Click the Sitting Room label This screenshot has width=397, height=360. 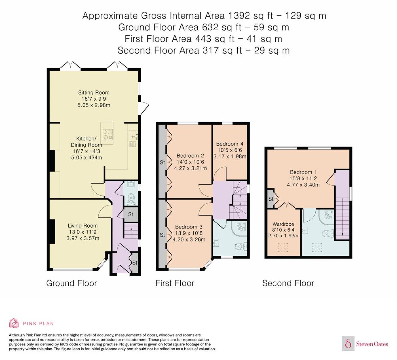(x=94, y=92)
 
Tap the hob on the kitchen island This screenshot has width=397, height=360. (x=108, y=135)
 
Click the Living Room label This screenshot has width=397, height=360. (x=83, y=226)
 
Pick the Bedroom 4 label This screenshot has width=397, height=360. (x=230, y=144)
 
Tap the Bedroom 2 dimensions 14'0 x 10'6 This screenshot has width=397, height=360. (x=190, y=162)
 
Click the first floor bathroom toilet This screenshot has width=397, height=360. (x=241, y=246)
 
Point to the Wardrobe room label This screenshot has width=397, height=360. (x=283, y=224)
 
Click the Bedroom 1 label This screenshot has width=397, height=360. (x=303, y=172)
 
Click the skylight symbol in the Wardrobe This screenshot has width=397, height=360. (x=283, y=247)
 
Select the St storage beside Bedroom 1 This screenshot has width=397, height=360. (x=271, y=199)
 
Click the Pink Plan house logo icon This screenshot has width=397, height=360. (x=14, y=323)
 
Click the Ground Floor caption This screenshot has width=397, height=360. (x=71, y=283)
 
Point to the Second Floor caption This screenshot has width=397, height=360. (x=288, y=283)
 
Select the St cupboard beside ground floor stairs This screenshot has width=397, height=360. (x=131, y=214)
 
